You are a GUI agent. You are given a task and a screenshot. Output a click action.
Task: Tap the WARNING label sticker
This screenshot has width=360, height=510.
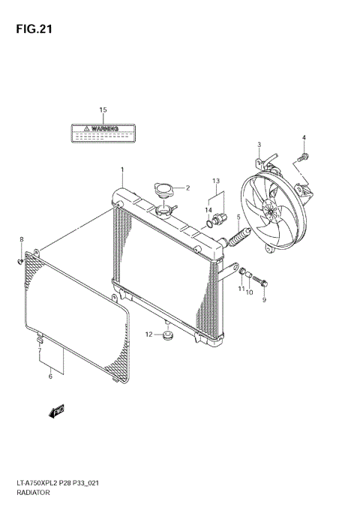click(x=102, y=133)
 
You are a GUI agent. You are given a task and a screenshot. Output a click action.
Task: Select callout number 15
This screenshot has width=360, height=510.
click(x=103, y=110)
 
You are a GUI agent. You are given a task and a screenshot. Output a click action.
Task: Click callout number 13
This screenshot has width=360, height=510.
click(x=215, y=181)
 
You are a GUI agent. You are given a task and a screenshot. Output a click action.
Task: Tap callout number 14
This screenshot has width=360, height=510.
click(x=209, y=211)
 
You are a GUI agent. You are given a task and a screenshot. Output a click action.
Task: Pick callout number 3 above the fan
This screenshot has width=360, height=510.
click(x=259, y=145)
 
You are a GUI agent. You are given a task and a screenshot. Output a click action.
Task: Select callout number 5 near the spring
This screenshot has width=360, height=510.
click(x=238, y=218)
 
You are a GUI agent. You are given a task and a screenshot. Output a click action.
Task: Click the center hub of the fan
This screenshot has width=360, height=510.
click(x=268, y=209)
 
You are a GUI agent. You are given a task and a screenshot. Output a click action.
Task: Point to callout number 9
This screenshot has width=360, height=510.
click(x=264, y=300)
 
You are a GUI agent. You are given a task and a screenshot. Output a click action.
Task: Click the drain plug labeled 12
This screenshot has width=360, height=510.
click(x=168, y=334)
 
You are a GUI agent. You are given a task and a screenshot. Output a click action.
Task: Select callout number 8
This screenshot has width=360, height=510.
click(x=21, y=239)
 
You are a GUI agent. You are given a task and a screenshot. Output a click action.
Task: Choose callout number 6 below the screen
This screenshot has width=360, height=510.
click(x=50, y=376)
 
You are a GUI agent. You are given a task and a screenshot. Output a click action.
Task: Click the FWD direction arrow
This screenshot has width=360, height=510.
click(x=57, y=410)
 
